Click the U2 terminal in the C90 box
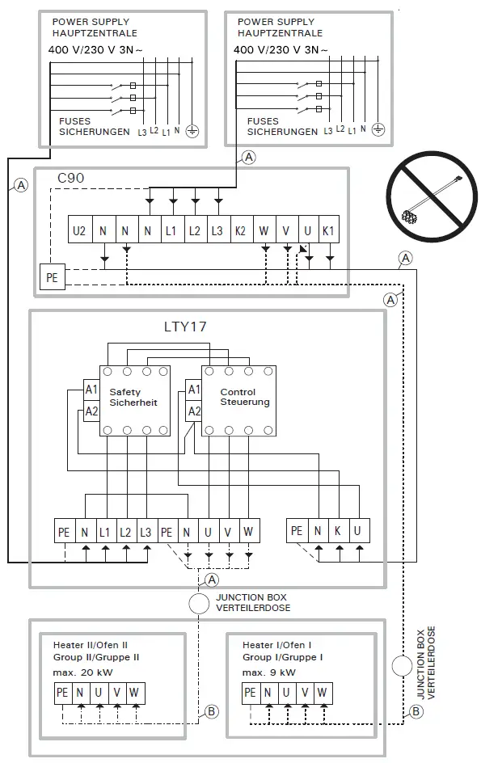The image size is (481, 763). point(78,231)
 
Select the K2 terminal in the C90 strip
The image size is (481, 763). point(240,231)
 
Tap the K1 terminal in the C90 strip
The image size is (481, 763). point(328,231)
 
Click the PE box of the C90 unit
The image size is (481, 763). point(53,277)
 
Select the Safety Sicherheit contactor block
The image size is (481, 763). point(135,400)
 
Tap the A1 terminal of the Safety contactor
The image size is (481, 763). point(91,390)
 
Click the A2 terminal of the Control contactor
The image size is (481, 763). point(194,411)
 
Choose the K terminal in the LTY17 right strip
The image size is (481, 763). point(336,531)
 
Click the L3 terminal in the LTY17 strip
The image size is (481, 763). point(146,533)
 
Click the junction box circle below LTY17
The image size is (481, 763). point(198,603)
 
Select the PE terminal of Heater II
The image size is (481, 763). point(62,693)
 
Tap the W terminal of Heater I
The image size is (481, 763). point(322,693)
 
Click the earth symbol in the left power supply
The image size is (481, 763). point(192,130)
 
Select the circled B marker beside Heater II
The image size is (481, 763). point(210,711)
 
